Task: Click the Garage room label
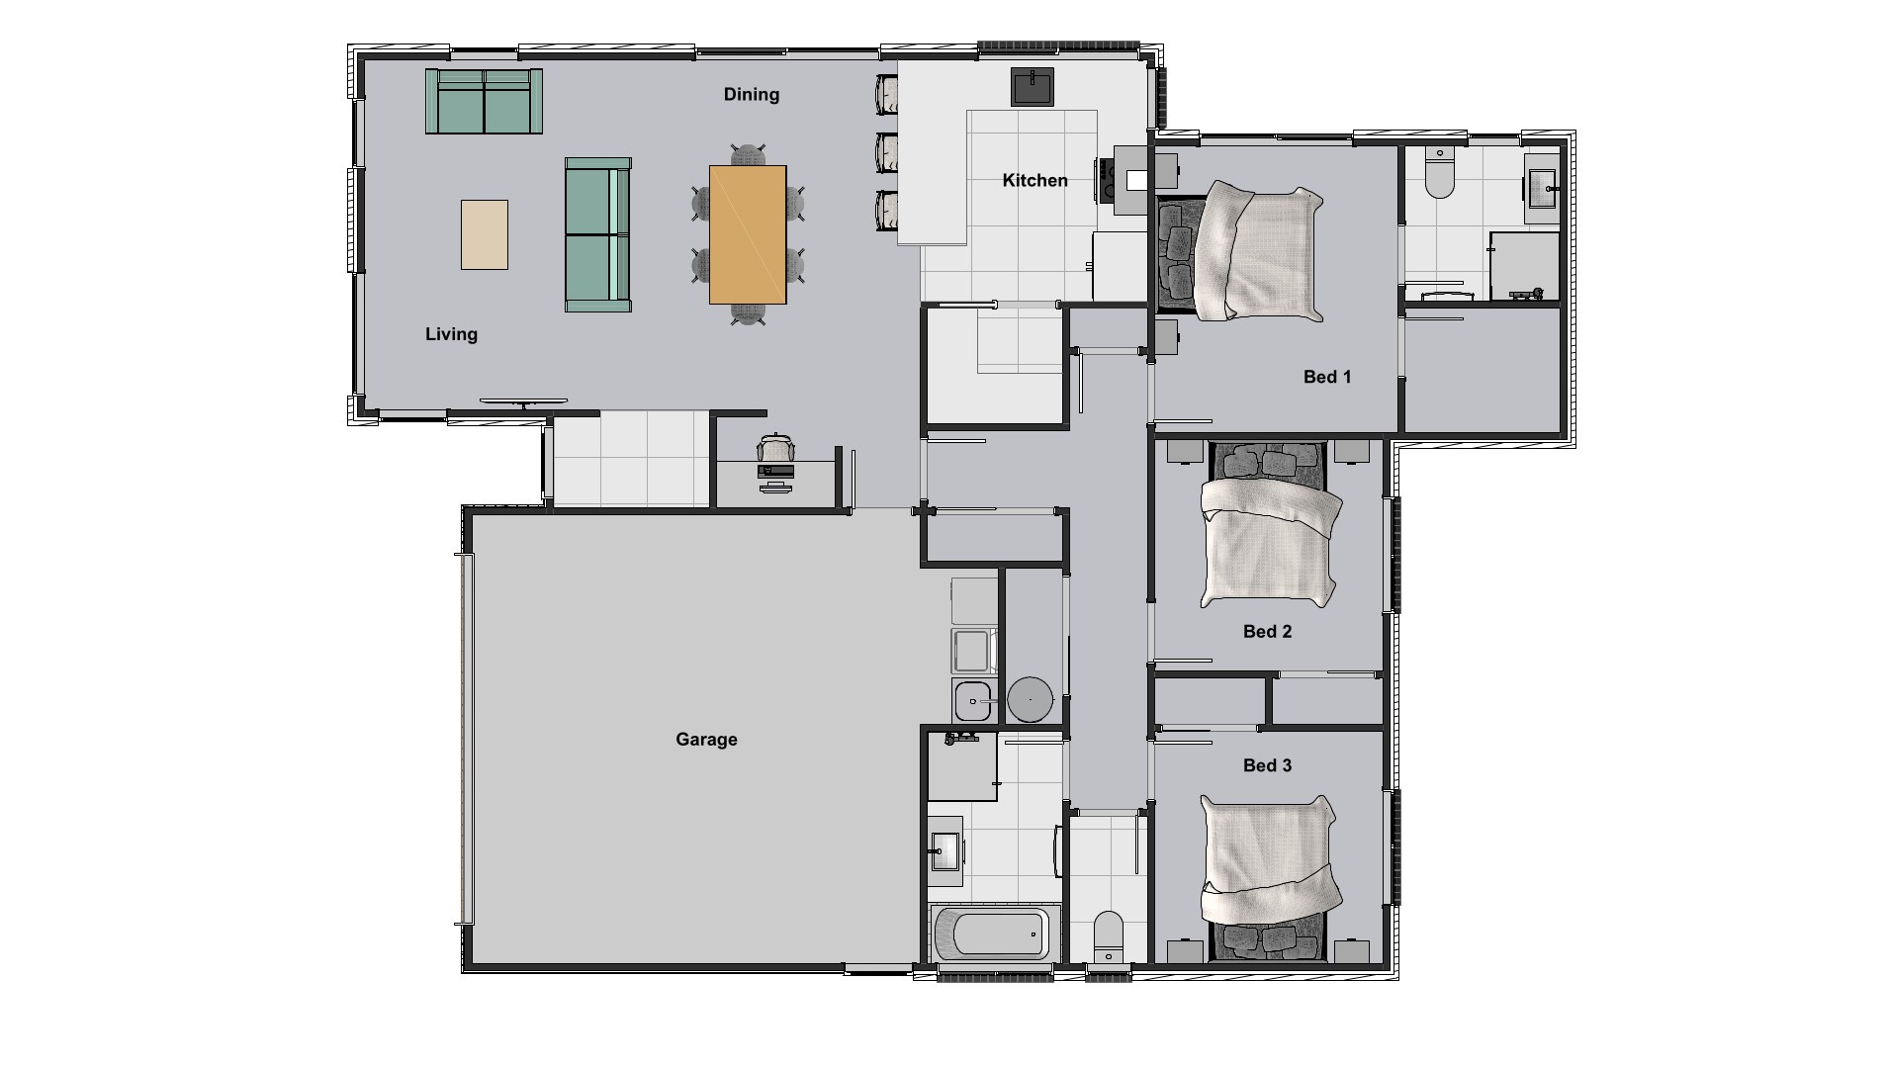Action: [706, 740]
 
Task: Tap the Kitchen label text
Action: [1034, 180]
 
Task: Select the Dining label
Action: [752, 95]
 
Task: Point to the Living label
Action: [451, 334]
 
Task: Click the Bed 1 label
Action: [1327, 377]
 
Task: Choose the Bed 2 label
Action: [1267, 632]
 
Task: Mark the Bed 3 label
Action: [1267, 765]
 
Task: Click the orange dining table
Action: [748, 235]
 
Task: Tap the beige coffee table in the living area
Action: [485, 234]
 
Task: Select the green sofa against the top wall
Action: [485, 101]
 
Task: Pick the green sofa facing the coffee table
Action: [597, 235]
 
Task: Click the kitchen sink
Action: [1032, 86]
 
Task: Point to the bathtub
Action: [995, 933]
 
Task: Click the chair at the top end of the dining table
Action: [749, 156]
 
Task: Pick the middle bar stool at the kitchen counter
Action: [887, 152]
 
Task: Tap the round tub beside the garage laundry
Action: [1031, 699]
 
